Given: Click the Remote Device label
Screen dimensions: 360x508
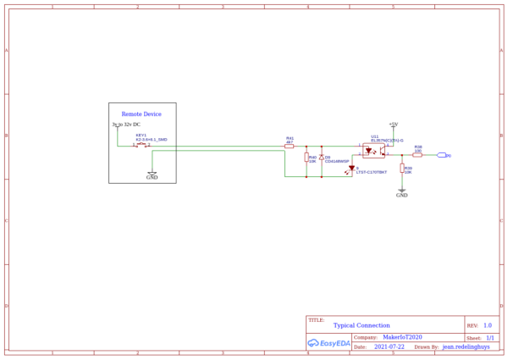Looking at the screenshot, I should point(141,114).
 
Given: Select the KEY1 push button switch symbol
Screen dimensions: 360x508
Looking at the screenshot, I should point(141,145).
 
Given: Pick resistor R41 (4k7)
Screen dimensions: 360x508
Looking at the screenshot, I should point(290,146).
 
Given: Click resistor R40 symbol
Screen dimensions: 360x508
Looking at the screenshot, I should point(306,158).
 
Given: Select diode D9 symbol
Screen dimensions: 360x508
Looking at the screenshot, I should point(322,158).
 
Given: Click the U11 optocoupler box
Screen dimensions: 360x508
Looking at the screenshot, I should point(373,151).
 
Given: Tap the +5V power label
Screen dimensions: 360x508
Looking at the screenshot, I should point(393,124).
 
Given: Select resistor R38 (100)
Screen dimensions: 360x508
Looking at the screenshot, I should point(417,155).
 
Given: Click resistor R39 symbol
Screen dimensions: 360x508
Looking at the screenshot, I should point(402,169).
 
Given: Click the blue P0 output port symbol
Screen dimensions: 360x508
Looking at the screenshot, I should point(442,155).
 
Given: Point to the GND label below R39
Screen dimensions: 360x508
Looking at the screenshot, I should point(401,195).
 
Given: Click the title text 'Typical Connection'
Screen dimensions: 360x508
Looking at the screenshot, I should point(362,325).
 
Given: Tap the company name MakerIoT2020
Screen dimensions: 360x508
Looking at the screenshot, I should point(402,337).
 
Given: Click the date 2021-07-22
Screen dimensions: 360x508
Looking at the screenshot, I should point(389,346).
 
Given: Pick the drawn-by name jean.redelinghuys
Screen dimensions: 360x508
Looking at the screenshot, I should point(466,346).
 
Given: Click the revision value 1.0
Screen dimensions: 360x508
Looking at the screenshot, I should point(487,325).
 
